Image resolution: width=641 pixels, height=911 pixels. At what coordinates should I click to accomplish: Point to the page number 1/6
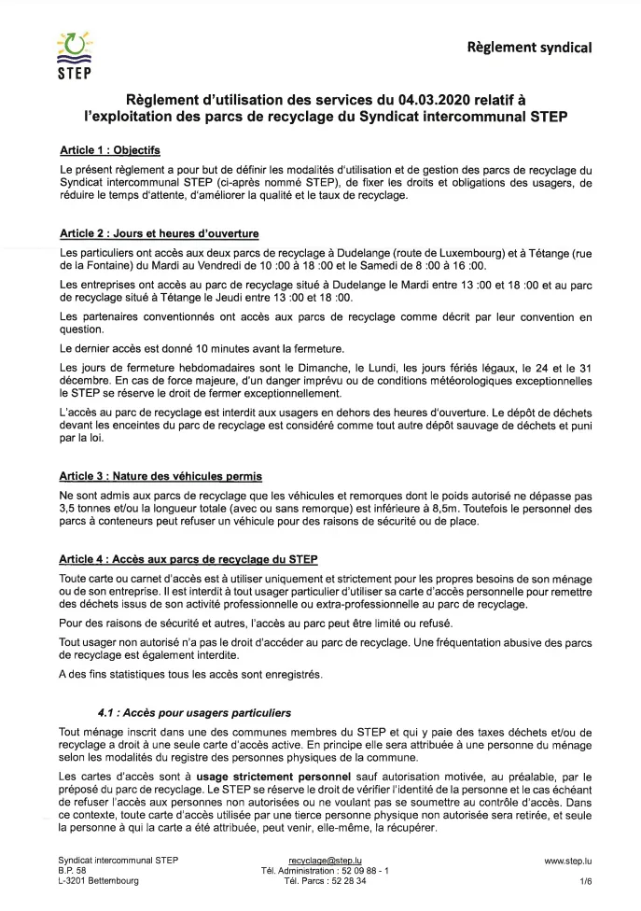[x=585, y=880]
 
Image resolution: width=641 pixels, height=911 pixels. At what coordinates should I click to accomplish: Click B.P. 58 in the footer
[x=72, y=869]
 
